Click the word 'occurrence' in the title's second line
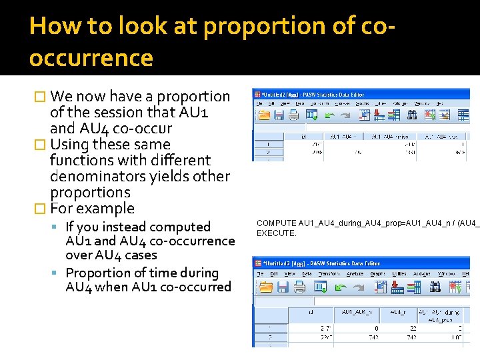click(91, 59)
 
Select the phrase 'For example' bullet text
click(92, 209)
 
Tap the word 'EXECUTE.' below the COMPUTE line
click(277, 233)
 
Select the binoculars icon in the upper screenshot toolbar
click(411, 115)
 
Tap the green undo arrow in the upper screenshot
click(329, 115)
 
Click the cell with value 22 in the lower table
click(413, 329)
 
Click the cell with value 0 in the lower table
click(376, 329)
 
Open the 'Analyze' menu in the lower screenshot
click(354, 273)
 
